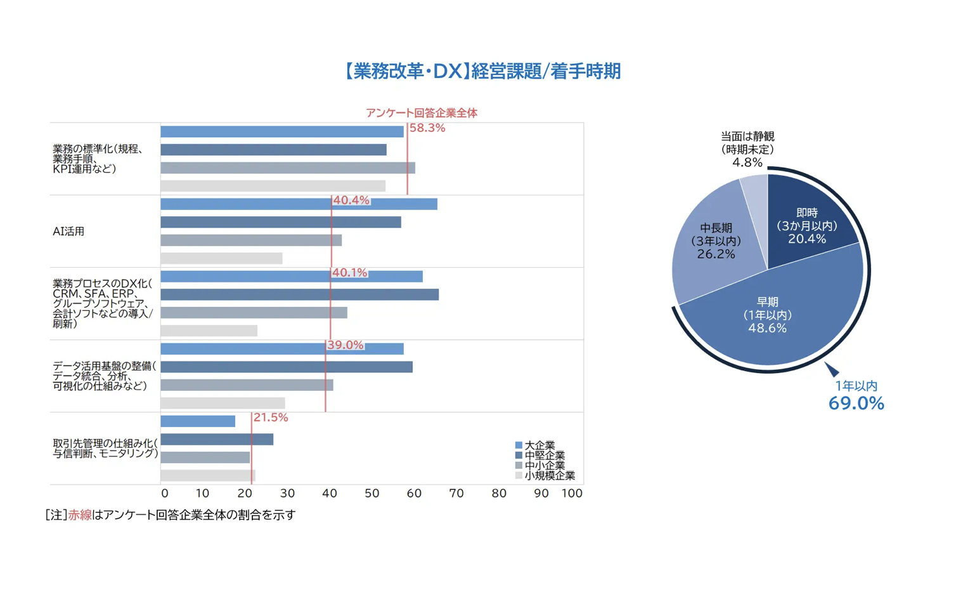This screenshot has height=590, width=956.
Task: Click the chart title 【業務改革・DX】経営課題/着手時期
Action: point(482,71)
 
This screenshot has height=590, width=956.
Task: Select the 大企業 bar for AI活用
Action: point(298,204)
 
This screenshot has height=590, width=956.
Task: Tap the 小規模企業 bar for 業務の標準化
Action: point(273,186)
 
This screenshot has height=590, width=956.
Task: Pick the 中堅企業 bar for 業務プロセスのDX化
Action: point(299,295)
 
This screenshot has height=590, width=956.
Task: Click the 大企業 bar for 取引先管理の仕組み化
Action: point(198,421)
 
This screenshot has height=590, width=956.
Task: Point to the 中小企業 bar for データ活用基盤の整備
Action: point(247,385)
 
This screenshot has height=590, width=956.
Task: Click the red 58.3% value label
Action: point(427,128)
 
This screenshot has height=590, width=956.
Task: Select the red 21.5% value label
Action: point(271,417)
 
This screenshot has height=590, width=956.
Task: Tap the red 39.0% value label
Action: point(346,345)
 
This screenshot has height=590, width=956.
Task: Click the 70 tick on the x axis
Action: point(456,494)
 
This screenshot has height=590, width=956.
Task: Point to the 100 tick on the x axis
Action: point(572,494)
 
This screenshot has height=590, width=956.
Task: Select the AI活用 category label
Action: point(68,232)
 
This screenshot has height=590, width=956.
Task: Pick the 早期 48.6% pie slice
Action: point(767,316)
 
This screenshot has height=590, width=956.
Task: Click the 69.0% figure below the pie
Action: point(856,403)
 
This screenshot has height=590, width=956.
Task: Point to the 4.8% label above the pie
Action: point(747,162)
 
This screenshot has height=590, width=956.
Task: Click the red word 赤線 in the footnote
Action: point(80,515)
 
